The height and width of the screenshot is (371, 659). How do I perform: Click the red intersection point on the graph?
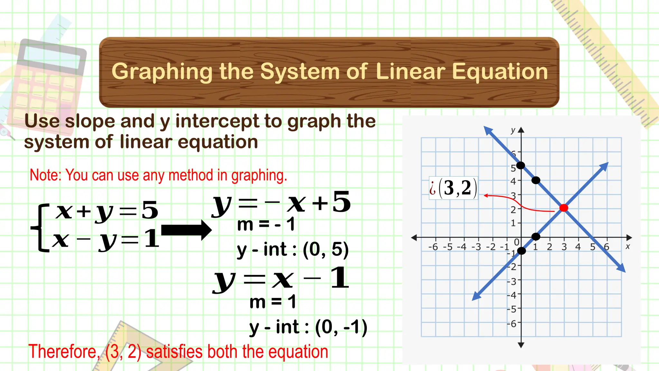[564, 208]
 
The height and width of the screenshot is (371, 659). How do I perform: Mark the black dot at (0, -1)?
[521, 251]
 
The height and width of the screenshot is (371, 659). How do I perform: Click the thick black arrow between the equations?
[186, 230]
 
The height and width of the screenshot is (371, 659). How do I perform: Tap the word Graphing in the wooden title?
[162, 71]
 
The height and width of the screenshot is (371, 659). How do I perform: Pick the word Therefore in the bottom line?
[64, 352]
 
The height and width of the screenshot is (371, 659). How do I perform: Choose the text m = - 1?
[266, 224]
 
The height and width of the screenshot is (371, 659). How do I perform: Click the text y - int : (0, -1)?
[308, 328]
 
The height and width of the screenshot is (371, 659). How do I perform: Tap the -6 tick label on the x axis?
[433, 247]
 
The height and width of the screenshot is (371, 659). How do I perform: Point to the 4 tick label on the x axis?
[578, 247]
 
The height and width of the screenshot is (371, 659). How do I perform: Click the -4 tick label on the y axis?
[512, 295]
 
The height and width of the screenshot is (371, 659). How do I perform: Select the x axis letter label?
[627, 247]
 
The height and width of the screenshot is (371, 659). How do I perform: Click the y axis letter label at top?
[513, 130]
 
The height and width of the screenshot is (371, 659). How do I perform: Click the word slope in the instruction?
[90, 121]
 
